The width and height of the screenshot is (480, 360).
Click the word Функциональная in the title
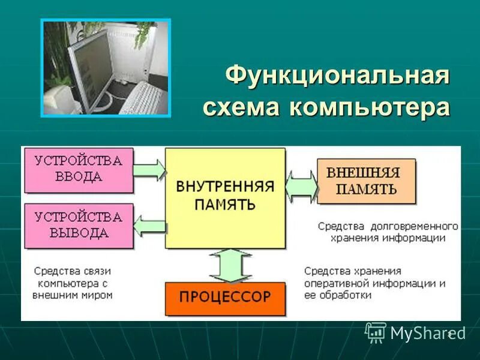(337, 77)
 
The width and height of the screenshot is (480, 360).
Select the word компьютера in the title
(369, 108)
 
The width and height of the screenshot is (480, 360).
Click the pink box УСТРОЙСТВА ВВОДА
(77, 170)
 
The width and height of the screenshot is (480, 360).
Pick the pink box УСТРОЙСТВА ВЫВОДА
(77, 225)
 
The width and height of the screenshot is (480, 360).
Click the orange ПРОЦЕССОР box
(225, 297)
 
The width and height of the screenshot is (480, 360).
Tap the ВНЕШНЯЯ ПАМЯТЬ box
(366, 181)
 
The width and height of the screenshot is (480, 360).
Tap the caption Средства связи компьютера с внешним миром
(73, 283)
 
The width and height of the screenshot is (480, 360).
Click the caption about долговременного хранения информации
(388, 232)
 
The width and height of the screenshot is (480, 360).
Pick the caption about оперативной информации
(374, 283)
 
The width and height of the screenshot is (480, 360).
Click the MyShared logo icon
(376, 331)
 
